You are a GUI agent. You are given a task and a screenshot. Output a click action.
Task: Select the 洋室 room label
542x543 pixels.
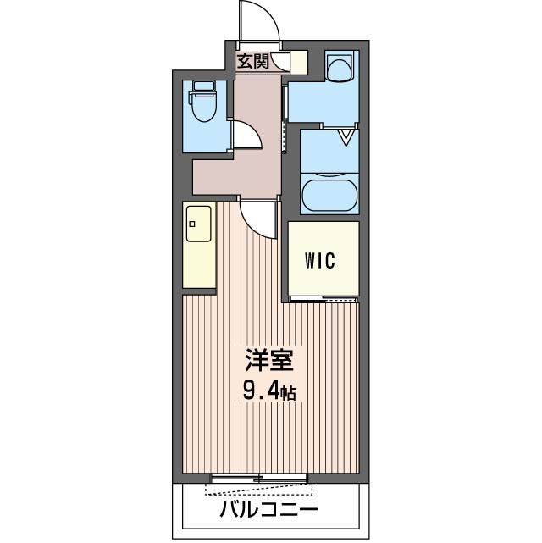270,363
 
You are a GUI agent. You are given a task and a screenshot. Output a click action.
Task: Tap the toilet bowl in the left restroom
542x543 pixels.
204,107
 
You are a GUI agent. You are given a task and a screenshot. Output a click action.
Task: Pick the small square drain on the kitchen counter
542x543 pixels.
192,225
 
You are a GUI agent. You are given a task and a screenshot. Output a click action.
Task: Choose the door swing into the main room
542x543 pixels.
258,217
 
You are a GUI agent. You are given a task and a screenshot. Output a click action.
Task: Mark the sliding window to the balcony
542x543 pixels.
257,480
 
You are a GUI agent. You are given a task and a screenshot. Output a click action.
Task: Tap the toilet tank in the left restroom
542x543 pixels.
203,86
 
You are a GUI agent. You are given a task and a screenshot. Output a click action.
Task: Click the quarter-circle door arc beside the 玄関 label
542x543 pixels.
279,61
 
